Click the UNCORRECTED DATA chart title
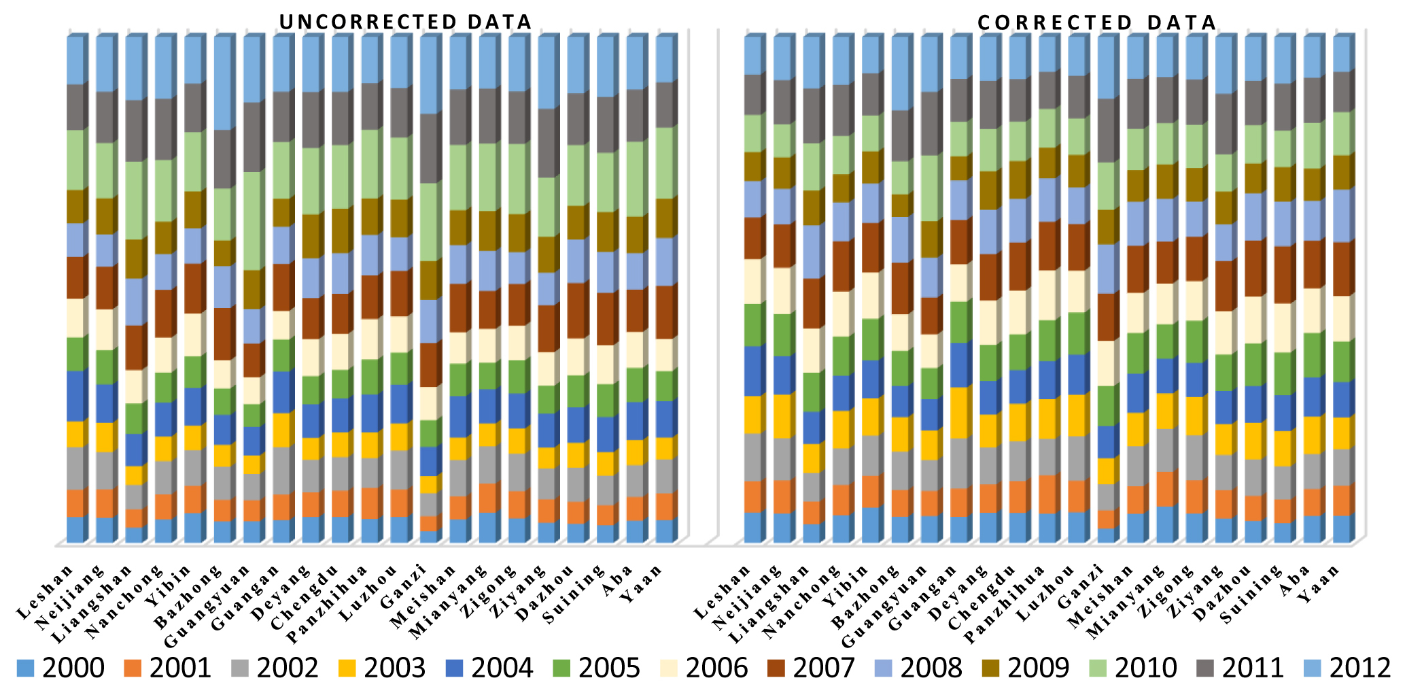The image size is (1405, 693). tap(406, 22)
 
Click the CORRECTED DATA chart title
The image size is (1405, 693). tap(1096, 22)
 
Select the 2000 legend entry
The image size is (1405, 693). tap(61, 668)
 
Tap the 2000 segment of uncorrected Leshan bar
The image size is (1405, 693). tap(75, 529)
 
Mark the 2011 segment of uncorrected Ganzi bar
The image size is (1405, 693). tap(430, 148)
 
